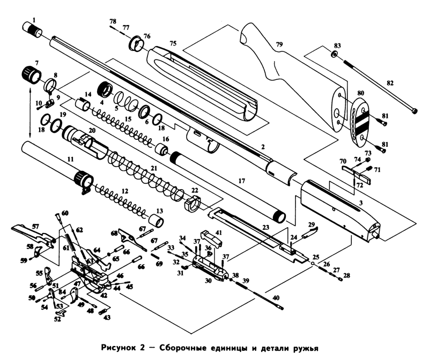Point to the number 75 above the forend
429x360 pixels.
coord(173,43)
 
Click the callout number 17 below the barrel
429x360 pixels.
coord(242,182)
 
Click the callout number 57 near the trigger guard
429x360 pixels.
coord(35,227)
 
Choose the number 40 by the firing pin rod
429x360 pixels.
coord(276,298)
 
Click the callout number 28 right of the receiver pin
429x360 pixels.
coord(347,275)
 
